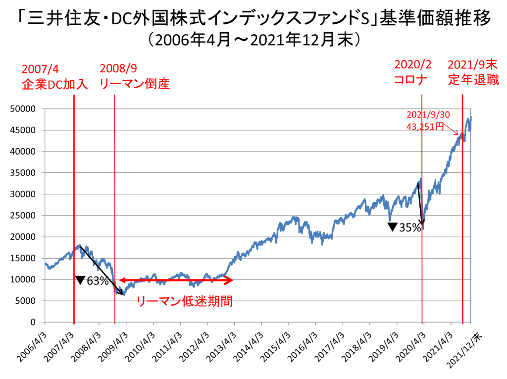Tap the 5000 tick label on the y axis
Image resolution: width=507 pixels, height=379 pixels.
27,301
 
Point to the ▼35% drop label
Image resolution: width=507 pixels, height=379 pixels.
405,227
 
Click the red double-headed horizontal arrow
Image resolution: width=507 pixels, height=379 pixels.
176,280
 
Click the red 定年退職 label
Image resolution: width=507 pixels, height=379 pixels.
473,80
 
